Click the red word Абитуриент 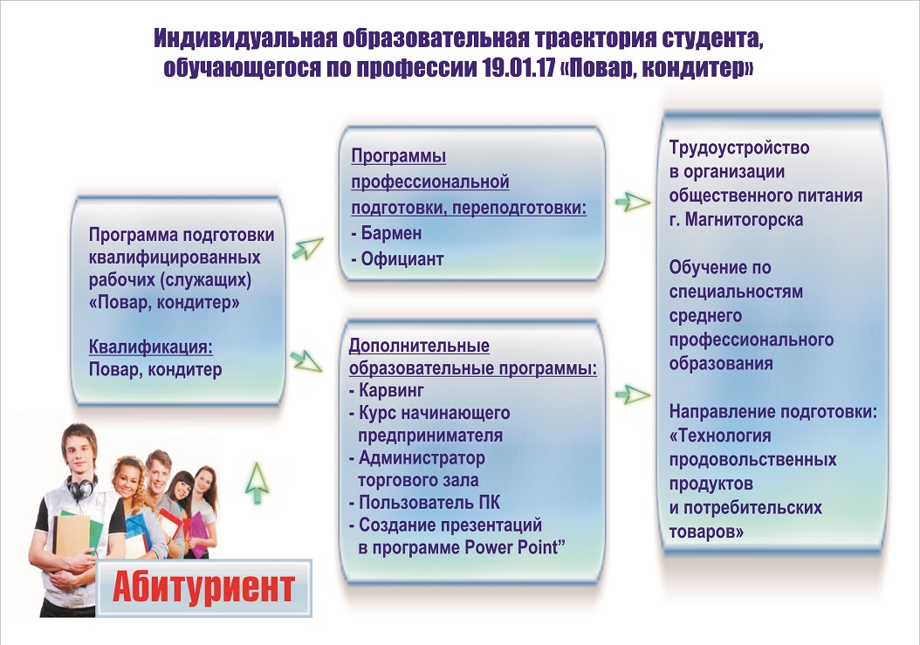203,587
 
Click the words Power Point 515,547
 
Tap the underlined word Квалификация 151,347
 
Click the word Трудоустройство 739,148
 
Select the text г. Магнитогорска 736,219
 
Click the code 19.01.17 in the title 519,68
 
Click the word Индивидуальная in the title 245,38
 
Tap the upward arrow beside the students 257,483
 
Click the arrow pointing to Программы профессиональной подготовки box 307,248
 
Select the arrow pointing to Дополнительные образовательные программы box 306,361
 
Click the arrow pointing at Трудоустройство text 633,202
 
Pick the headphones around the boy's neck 81,486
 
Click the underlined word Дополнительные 419,346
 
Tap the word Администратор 422,457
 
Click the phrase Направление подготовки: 772,411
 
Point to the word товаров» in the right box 706,532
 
